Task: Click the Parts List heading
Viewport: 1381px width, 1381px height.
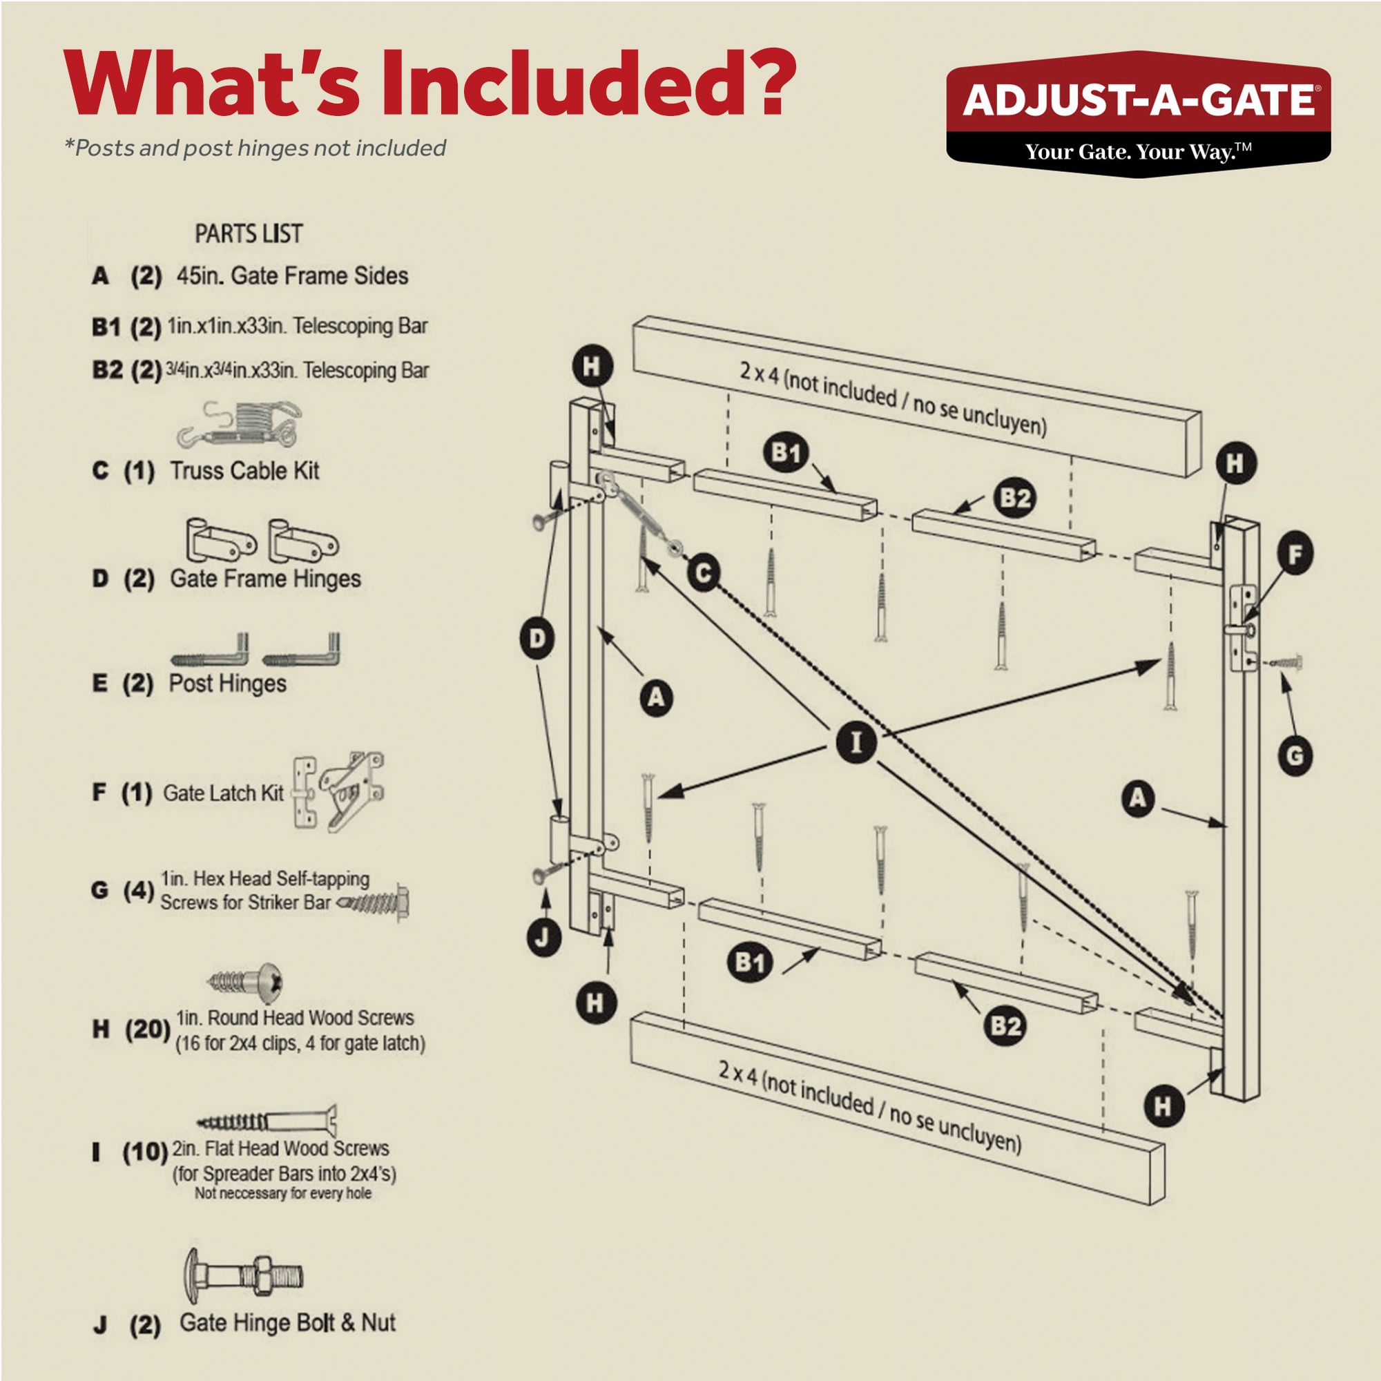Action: coord(249,234)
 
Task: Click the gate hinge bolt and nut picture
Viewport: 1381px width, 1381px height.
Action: coord(244,1277)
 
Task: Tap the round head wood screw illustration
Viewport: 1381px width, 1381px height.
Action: coord(247,981)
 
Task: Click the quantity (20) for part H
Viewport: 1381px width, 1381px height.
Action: coord(147,1030)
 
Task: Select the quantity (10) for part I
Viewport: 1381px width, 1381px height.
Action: coord(145,1152)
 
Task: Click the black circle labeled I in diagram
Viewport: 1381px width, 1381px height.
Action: coord(856,742)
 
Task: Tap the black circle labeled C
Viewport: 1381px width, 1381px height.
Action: coord(704,573)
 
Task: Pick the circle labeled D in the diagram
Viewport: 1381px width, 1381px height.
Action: coord(537,637)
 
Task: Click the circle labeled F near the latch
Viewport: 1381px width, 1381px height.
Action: coord(1295,554)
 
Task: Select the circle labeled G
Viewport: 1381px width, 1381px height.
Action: coord(1295,755)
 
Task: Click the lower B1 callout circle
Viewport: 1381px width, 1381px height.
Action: coord(750,962)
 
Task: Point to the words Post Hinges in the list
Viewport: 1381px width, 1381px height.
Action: coord(227,684)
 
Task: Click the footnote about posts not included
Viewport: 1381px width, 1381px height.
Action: coord(255,148)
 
